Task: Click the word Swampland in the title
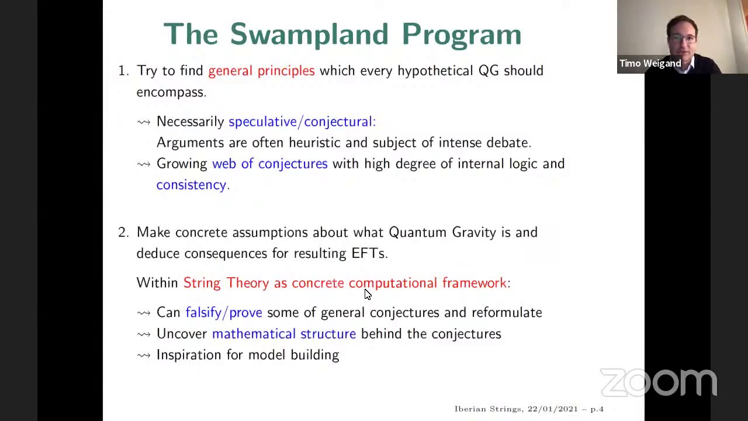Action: [x=309, y=34]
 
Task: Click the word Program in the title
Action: [x=461, y=34]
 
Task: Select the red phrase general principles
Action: [x=261, y=71]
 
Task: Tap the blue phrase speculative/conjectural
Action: [x=301, y=122]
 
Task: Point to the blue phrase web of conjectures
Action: [x=269, y=164]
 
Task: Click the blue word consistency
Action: [x=192, y=185]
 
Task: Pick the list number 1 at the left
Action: [x=122, y=71]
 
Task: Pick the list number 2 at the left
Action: [x=122, y=232]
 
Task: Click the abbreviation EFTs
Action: [x=368, y=253]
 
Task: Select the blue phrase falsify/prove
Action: [x=224, y=313]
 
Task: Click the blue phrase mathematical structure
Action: [x=283, y=334]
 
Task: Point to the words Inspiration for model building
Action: [x=247, y=355]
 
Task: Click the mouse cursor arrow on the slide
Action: [x=367, y=294]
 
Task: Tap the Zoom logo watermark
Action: [x=659, y=383]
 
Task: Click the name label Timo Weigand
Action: [x=650, y=63]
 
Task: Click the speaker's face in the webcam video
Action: [x=682, y=36]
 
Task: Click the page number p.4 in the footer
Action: [x=597, y=409]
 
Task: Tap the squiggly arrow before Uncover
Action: [x=144, y=334]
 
